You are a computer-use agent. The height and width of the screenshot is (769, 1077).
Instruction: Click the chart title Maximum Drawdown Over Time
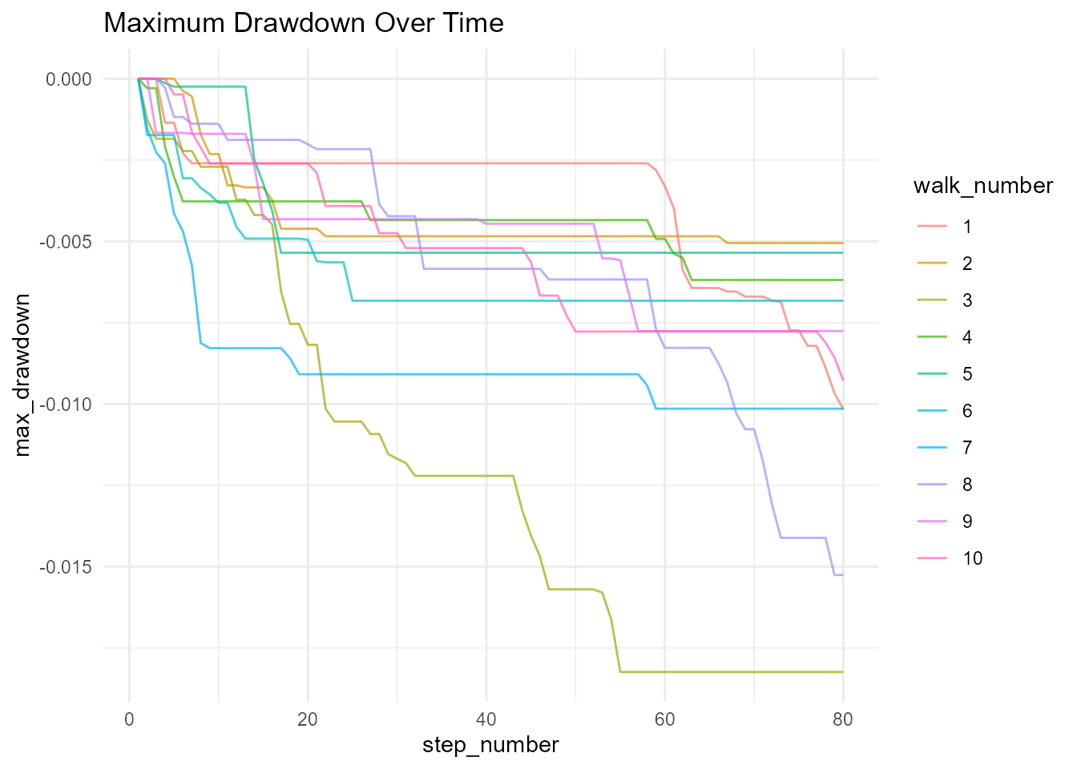click(x=304, y=22)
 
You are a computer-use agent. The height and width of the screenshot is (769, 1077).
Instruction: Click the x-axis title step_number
click(x=490, y=745)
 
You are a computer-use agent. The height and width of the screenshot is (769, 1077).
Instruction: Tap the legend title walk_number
click(x=982, y=186)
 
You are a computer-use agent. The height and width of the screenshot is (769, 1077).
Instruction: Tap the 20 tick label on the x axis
click(x=308, y=719)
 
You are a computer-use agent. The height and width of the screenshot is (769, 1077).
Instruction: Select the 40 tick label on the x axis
click(x=486, y=719)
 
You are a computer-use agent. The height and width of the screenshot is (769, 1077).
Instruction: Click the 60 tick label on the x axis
click(x=665, y=719)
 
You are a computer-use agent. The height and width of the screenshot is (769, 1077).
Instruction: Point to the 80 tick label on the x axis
click(x=843, y=719)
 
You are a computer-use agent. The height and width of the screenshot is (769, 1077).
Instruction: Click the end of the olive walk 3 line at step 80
click(x=843, y=671)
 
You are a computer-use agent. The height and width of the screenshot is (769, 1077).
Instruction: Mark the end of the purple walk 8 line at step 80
click(x=843, y=575)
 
